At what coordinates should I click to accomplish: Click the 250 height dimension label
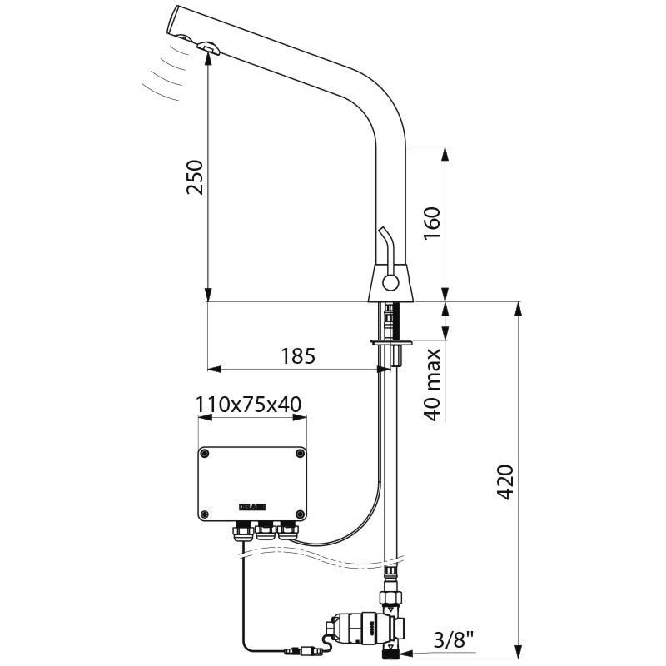pos(194,177)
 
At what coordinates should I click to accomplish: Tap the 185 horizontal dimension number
pos(298,356)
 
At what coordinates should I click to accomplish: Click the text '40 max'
pos(432,384)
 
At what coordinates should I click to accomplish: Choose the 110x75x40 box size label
pos(249,405)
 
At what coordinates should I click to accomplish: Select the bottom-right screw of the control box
pos(300,510)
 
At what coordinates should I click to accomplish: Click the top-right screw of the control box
pos(300,454)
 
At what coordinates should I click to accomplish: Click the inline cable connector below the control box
pos(299,645)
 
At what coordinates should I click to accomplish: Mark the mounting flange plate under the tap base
pos(390,341)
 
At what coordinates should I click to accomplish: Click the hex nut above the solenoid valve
pos(390,596)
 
